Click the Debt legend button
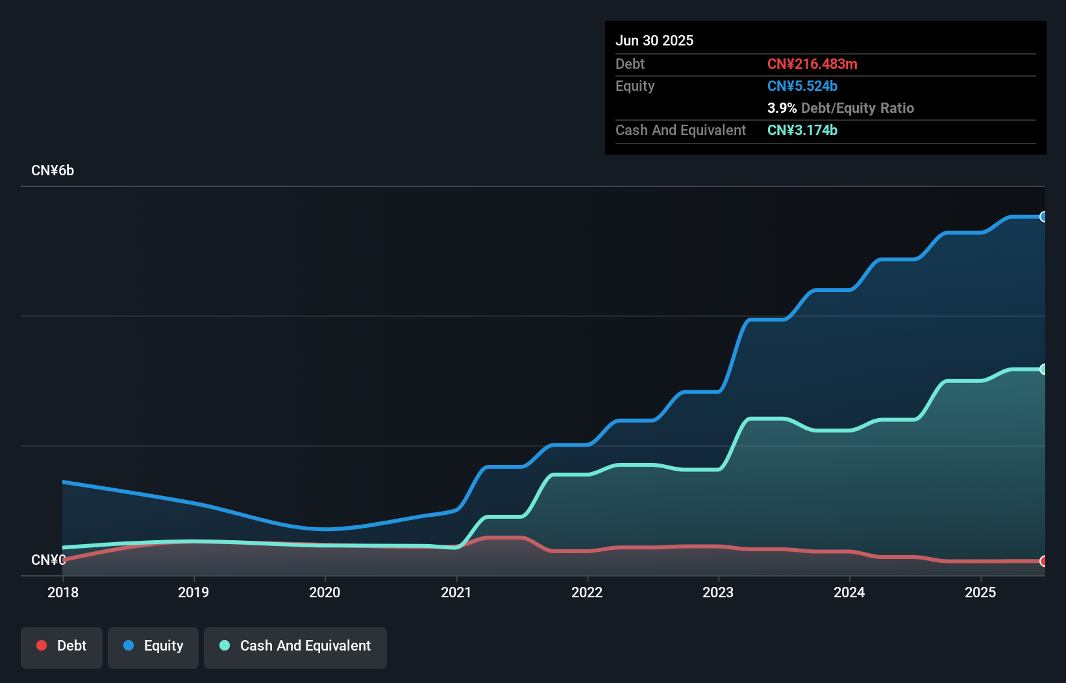(62, 647)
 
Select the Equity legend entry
(153, 647)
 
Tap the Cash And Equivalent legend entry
(295, 647)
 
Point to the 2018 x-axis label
(63, 592)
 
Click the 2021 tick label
(456, 592)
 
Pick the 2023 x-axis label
(718, 592)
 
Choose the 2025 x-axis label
(980, 592)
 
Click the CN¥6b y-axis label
(53, 171)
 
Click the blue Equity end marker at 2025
(1043, 217)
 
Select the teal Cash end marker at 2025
(1043, 369)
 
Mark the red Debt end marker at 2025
(1043, 561)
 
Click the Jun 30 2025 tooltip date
(654, 41)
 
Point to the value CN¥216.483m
(812, 64)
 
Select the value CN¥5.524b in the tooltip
(802, 86)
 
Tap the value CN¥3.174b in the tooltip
(802, 130)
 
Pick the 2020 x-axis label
(325, 592)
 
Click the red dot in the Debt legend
(42, 645)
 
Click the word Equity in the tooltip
(635, 86)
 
